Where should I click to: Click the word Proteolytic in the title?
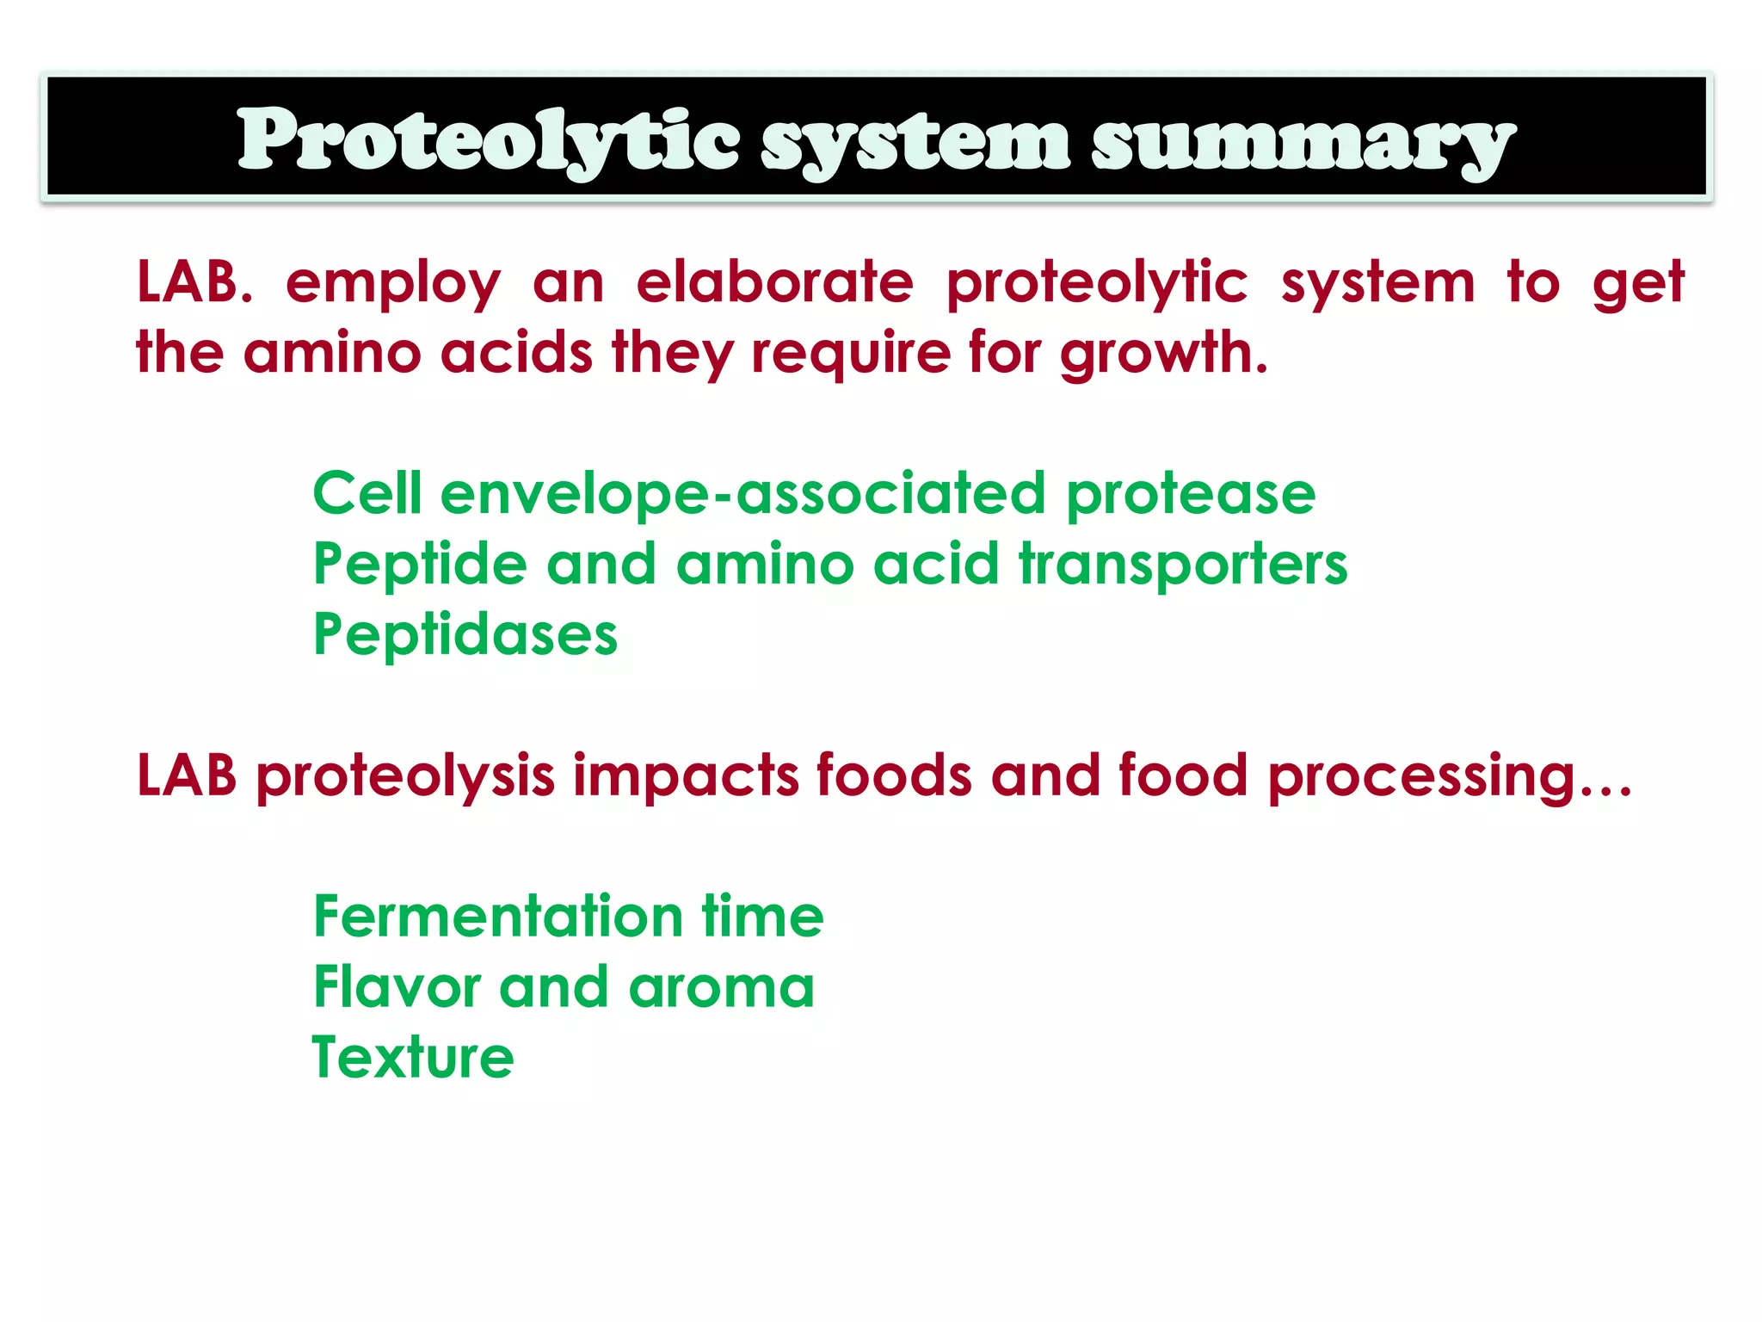point(488,140)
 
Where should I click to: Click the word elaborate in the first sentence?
point(774,282)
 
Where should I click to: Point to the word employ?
point(392,284)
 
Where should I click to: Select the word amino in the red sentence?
point(332,353)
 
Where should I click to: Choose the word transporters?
point(1183,565)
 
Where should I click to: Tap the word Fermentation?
point(498,917)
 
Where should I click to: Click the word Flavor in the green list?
point(396,987)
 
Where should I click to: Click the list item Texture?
point(413,1058)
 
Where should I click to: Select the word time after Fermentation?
point(762,917)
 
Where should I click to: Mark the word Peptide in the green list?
point(420,565)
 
